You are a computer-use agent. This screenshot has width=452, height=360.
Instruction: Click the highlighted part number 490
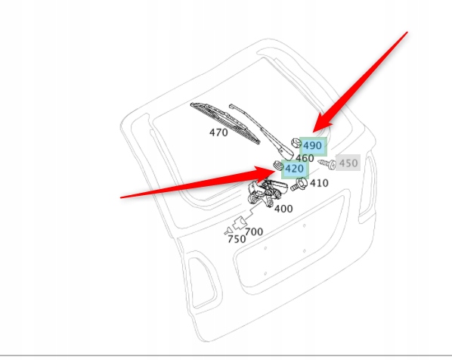click(312, 146)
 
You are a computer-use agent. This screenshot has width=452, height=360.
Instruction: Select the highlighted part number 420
click(294, 169)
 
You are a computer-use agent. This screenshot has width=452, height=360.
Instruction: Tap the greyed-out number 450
click(348, 163)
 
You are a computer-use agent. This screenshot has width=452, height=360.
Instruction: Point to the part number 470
click(218, 132)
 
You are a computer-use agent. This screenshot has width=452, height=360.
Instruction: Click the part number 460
click(305, 158)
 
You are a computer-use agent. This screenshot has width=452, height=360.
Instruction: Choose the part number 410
click(319, 183)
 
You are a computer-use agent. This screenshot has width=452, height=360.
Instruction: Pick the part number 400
click(283, 209)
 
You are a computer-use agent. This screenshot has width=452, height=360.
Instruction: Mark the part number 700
click(254, 231)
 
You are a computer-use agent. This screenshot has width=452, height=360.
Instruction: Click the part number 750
click(237, 239)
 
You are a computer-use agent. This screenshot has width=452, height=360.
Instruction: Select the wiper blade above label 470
click(225, 123)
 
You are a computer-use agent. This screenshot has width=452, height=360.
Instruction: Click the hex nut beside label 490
click(296, 143)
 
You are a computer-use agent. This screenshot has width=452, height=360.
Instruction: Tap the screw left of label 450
click(327, 163)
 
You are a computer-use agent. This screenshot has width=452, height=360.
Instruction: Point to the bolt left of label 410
click(299, 185)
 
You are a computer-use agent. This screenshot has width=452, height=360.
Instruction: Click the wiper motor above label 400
click(267, 192)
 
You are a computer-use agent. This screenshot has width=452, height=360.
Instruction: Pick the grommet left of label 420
click(278, 166)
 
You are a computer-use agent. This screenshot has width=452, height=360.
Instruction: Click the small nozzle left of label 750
click(228, 231)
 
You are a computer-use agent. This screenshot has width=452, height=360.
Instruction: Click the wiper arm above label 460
click(261, 130)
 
